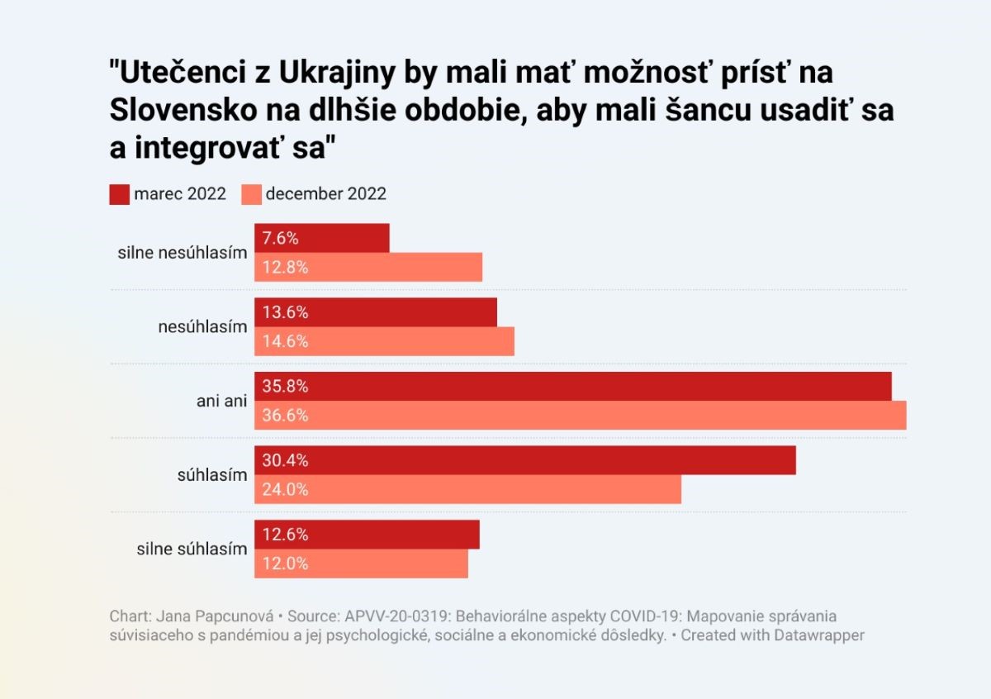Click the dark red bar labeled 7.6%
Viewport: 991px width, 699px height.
[321, 238]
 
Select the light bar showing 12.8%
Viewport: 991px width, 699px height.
[367, 267]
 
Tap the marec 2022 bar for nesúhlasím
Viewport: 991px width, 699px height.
[375, 312]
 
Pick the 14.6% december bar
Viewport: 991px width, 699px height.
[384, 341]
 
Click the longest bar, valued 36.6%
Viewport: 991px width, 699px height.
[580, 416]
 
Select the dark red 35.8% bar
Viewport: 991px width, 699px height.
[572, 387]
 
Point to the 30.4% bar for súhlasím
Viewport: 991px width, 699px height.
[524, 460]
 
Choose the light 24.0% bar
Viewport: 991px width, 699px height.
[467, 489]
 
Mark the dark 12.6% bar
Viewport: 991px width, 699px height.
[367, 535]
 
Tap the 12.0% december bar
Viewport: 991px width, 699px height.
[361, 563]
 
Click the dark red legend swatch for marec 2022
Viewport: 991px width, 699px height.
[118, 194]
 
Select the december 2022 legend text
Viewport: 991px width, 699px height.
[325, 194]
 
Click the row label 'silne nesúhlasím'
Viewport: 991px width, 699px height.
[182, 253]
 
